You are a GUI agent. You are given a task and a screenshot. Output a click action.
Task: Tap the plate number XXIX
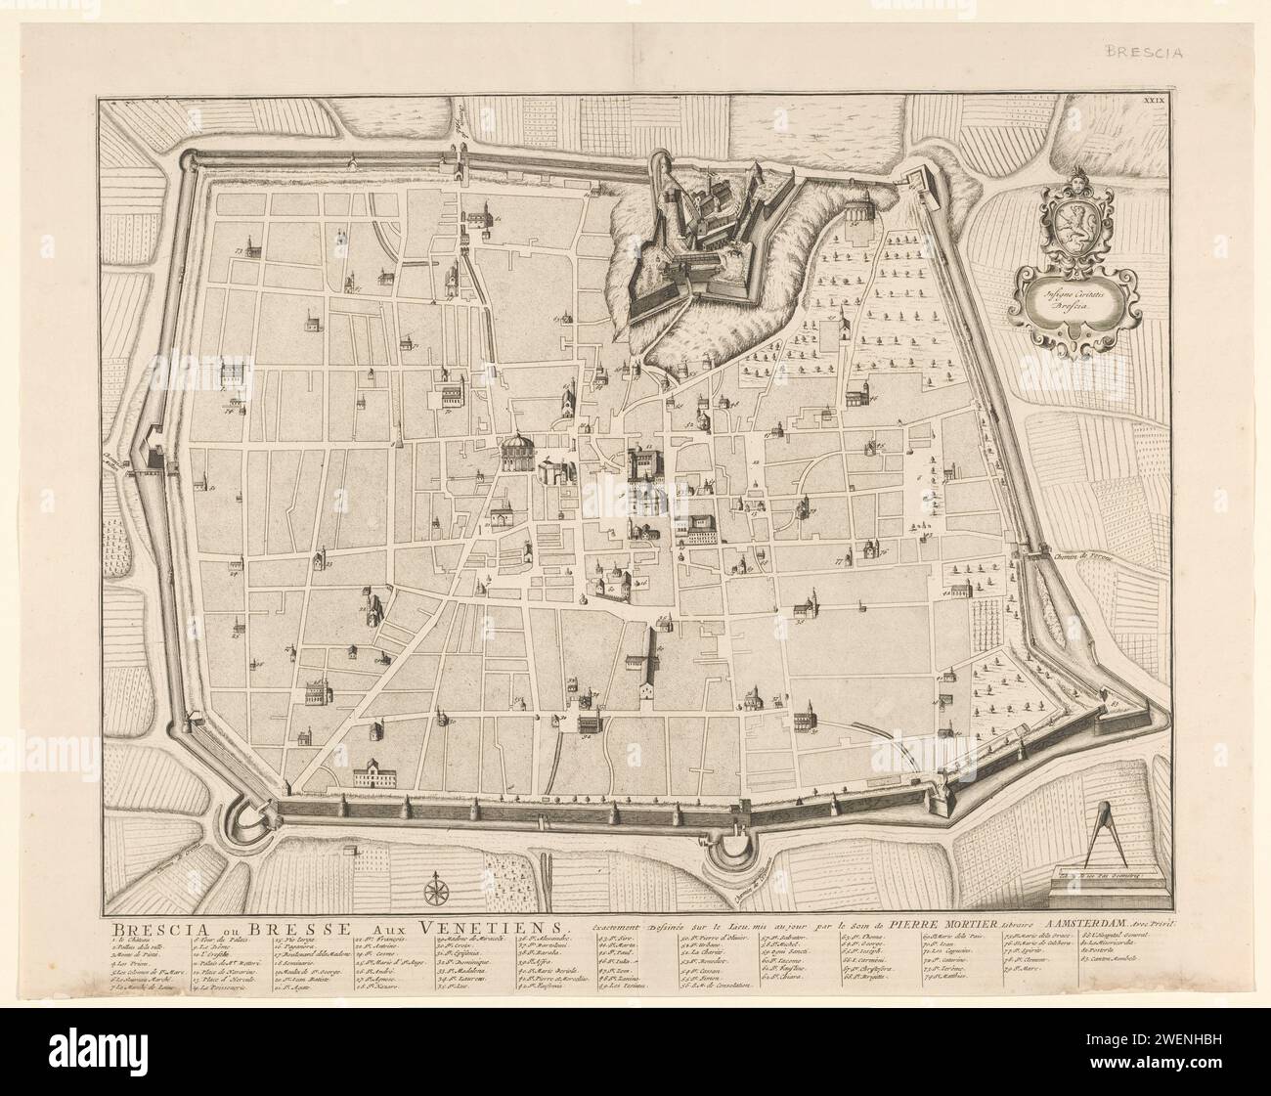coord(1159,100)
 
